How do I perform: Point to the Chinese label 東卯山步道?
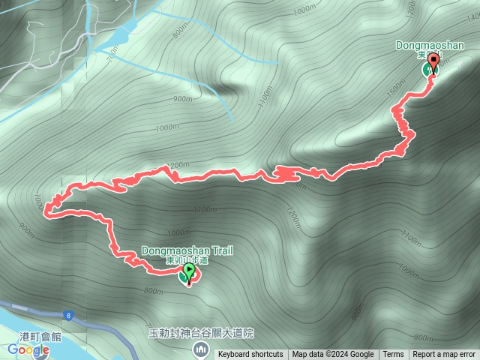(x=187, y=260)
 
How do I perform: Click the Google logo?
(x=28, y=349)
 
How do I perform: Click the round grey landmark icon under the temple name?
(x=200, y=349)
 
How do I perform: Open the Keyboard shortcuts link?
(x=250, y=355)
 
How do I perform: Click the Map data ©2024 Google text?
(x=333, y=355)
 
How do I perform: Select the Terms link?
(x=393, y=355)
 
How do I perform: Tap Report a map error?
(x=444, y=355)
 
